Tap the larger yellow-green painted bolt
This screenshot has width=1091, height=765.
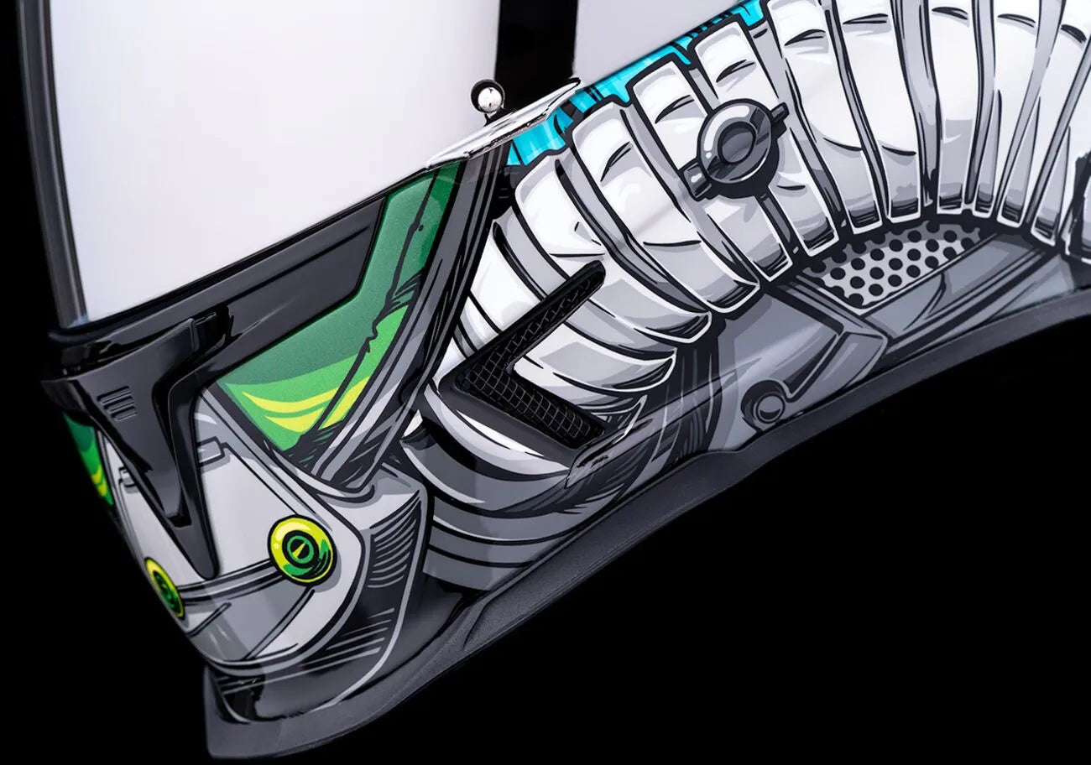300,548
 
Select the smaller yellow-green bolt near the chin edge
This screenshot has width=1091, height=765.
164,587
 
